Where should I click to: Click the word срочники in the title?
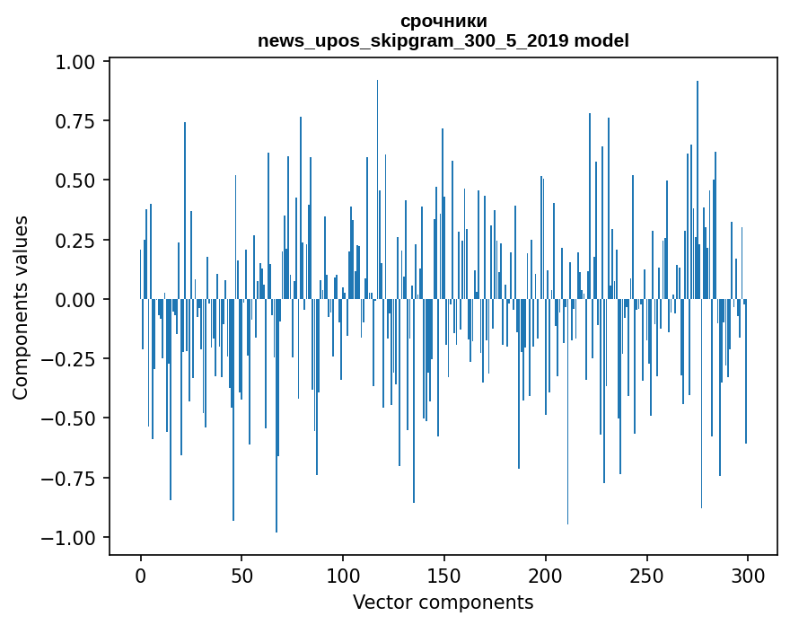pyautogui.click(x=443, y=22)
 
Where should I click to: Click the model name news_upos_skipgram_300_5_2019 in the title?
pyautogui.click(x=414, y=41)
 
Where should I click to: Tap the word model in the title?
pyautogui.click(x=601, y=41)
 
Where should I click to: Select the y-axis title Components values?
pyautogui.click(x=21, y=307)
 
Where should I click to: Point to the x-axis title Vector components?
pyautogui.click(x=443, y=603)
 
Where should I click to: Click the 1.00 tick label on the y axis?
pyautogui.click(x=77, y=62)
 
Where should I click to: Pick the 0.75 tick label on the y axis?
pyautogui.click(x=77, y=121)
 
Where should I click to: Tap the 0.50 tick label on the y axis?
pyautogui.click(x=77, y=180)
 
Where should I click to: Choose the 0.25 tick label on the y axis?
pyautogui.click(x=77, y=240)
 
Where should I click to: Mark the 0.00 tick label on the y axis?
pyautogui.click(x=77, y=299)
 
